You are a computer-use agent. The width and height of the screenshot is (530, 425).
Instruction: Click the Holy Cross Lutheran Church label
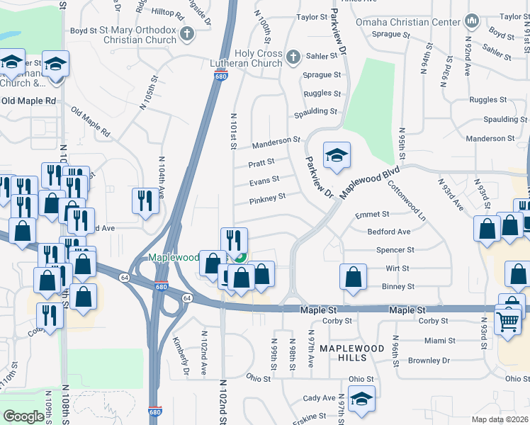pyautogui.click(x=249, y=58)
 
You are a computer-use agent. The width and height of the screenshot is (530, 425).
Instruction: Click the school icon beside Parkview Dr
pyautogui.click(x=337, y=156)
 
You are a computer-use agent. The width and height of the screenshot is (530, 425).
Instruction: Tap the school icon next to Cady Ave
pyautogui.click(x=361, y=398)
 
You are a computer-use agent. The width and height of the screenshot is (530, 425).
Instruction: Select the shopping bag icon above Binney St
pyautogui.click(x=353, y=278)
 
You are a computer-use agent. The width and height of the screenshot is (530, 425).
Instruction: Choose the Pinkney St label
pyautogui.click(x=267, y=198)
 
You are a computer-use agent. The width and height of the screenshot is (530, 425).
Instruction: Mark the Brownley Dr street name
pyautogui.click(x=429, y=361)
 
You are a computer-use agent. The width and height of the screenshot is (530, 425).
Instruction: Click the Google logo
pyautogui.click(x=23, y=416)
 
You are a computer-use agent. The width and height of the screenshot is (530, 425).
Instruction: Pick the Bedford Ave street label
pyautogui.click(x=389, y=232)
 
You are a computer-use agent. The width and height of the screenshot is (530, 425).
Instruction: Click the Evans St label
pyautogui.click(x=264, y=181)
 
